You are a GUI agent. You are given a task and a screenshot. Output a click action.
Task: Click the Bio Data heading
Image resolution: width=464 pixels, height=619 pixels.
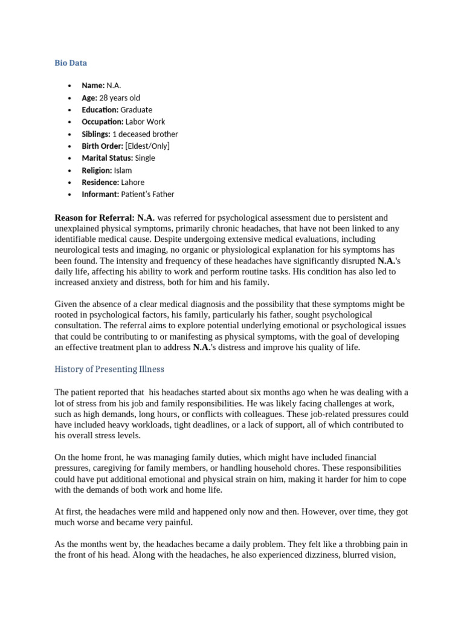coord(71,62)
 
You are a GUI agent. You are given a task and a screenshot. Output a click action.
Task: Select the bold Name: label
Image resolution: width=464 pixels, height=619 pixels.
coord(93,85)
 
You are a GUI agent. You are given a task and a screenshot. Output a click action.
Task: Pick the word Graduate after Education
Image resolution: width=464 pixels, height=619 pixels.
coord(136,109)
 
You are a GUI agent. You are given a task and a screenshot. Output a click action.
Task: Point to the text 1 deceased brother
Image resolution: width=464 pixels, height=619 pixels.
coord(145,134)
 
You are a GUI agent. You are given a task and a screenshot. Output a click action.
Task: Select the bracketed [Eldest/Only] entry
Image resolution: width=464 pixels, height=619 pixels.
coord(147,146)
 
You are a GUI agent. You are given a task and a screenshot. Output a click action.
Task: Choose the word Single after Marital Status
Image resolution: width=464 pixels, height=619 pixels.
coord(145,158)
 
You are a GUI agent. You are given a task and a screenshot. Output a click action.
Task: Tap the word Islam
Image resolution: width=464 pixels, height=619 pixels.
coord(123,170)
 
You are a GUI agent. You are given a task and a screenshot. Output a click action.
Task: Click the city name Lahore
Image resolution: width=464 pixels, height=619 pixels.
coord(132,182)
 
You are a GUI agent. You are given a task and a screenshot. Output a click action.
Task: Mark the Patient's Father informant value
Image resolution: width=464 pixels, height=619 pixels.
coord(147,194)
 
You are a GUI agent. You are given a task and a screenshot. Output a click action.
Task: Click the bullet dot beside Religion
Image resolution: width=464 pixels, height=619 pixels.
coord(70,170)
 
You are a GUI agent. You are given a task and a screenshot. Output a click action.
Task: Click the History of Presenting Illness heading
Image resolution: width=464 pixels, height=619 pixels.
coord(109,369)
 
